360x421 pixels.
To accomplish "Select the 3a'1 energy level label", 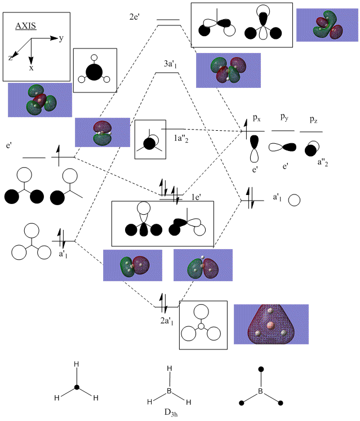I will [x=171, y=64].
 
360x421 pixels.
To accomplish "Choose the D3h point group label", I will [x=169, y=410].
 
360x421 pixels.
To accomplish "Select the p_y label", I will [x=285, y=117].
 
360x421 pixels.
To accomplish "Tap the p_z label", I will [x=311, y=119].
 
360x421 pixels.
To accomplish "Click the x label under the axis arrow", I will [x=31, y=68].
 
